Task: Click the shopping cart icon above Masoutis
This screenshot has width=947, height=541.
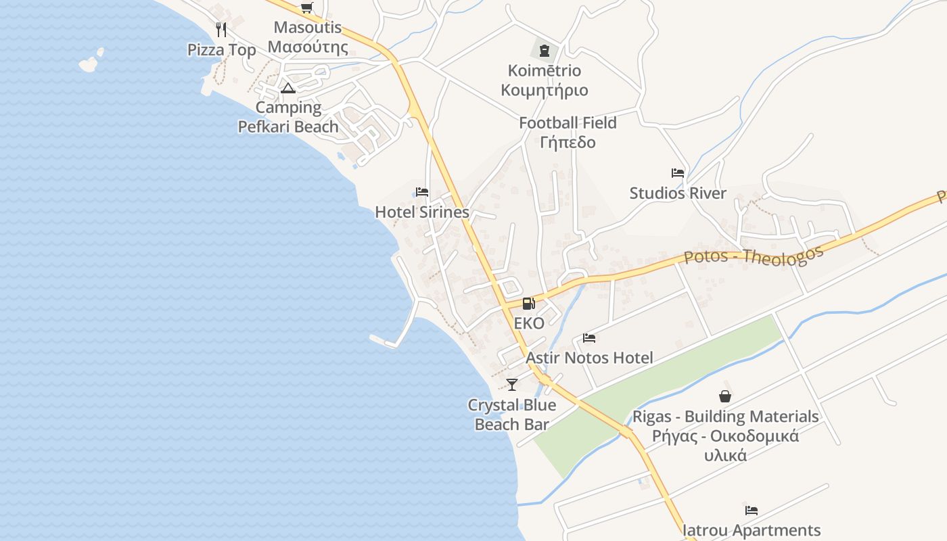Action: (x=306, y=8)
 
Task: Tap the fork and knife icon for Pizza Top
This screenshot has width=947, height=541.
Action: (x=221, y=30)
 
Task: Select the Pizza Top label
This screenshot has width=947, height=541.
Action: (x=222, y=50)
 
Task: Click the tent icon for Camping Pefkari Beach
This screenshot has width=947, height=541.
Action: (x=288, y=88)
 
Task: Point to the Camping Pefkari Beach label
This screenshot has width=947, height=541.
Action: (x=288, y=117)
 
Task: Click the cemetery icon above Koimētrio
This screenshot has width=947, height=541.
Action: (x=544, y=51)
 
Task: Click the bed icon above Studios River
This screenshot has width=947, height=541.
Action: (x=678, y=173)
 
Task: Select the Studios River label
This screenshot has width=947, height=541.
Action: (x=678, y=193)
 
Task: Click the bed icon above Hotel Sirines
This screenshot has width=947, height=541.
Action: (x=422, y=192)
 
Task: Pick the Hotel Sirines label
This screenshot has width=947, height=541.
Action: (x=422, y=212)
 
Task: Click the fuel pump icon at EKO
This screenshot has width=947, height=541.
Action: (x=528, y=304)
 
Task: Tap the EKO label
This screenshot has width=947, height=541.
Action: (x=529, y=323)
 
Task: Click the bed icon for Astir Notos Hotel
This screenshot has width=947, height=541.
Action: (x=589, y=338)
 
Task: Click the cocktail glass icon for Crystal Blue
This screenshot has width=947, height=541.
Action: (x=511, y=385)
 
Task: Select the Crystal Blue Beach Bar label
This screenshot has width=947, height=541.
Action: (x=512, y=415)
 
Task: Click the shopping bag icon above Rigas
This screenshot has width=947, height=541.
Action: (x=725, y=396)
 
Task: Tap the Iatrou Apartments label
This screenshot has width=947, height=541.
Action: (x=752, y=530)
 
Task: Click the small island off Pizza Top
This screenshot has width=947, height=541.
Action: (x=89, y=64)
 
